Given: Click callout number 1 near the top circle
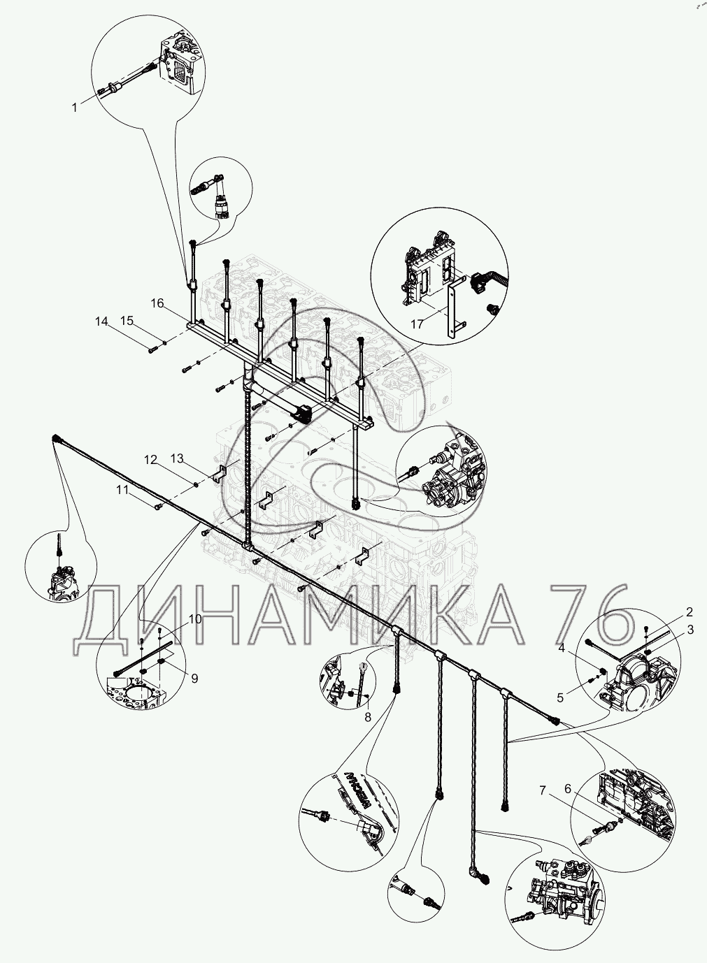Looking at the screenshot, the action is coord(74,107).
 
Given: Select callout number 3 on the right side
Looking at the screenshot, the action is coord(691,630).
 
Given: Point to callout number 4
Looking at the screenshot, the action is coord(562,647).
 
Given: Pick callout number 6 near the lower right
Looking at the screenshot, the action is coord(568,789).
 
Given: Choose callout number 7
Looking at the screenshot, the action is coord(543,790).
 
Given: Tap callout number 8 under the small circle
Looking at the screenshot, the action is coord(367,717).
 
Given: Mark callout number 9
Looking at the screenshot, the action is coord(194,679).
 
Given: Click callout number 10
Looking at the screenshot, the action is coord(195,619).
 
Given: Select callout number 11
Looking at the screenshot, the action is coord(122,490).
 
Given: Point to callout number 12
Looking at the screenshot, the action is coord(150,460).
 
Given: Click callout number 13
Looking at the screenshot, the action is coord(178,458).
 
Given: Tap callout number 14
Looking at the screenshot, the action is coord(101,321).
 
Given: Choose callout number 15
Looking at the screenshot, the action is coord(127,321).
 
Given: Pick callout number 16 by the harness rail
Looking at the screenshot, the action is coord(157,303).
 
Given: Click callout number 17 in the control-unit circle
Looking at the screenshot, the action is coord(417,324).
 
